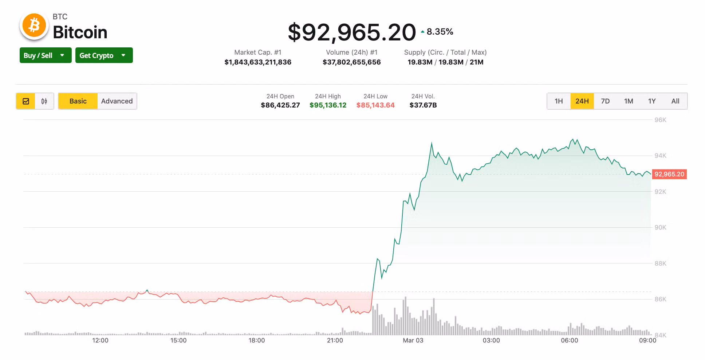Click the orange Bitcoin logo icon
[34, 26]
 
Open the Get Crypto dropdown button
[104, 55]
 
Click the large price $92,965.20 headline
[351, 32]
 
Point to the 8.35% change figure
[440, 32]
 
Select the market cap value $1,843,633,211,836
[258, 62]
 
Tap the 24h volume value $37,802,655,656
[351, 62]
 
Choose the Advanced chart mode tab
[117, 101]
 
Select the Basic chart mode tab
[78, 101]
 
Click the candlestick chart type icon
[44, 101]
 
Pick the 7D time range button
[605, 101]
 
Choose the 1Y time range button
[652, 101]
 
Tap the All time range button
[675, 101]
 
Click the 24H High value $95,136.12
[328, 105]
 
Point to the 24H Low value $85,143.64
[375, 105]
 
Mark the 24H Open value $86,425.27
[280, 105]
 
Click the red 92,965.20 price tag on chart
[669, 174]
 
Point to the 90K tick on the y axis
[660, 227]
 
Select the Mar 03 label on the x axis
[413, 340]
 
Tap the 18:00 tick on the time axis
[257, 340]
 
